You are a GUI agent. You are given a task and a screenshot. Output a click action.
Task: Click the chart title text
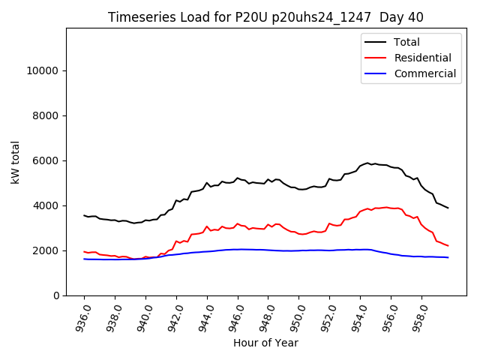pos(266,17)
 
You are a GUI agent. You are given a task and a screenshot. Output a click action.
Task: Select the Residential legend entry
pos(422,58)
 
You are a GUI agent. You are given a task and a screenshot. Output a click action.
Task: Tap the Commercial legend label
pos(424,73)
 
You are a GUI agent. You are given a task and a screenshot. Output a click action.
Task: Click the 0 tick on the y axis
pos(56,295)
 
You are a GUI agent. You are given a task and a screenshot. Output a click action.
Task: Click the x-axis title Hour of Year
pos(266,343)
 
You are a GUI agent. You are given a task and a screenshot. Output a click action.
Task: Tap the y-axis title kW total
pos(15,162)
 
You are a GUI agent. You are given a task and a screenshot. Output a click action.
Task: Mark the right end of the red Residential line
pos(448,246)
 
